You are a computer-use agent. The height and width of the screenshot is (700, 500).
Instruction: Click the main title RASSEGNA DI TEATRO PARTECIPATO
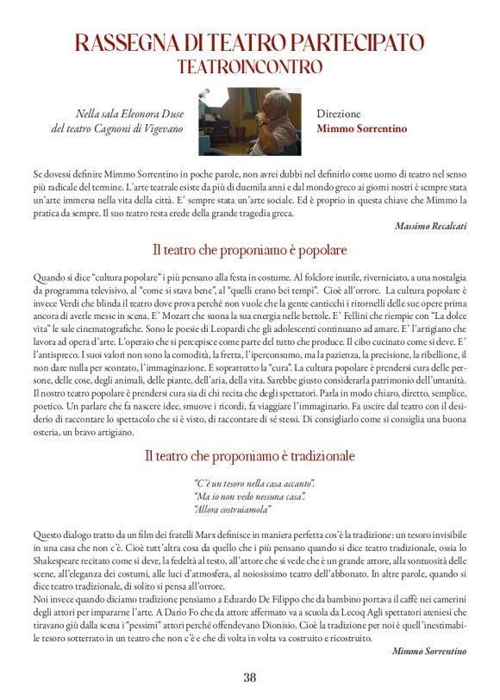click(x=249, y=42)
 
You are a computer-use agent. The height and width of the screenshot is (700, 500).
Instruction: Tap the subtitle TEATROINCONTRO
click(x=249, y=66)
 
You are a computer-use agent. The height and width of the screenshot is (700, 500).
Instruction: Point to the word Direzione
click(x=338, y=114)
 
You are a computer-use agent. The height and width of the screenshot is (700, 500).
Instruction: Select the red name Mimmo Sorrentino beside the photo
click(x=361, y=129)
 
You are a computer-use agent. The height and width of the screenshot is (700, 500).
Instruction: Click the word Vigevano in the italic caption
click(x=161, y=129)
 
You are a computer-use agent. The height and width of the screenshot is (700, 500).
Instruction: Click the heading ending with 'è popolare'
click(x=249, y=250)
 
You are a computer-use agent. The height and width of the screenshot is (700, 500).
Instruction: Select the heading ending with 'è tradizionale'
click(x=249, y=454)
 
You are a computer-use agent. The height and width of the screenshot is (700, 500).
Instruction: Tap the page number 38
click(x=249, y=677)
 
